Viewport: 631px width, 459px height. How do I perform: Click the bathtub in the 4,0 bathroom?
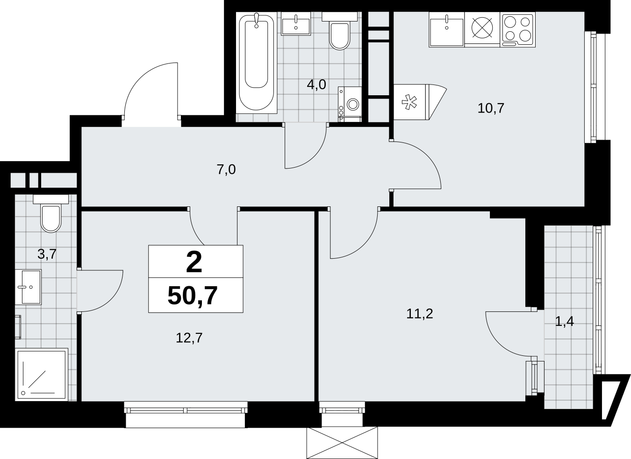[x=256, y=63]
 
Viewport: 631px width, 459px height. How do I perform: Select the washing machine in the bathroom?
[x=350, y=104]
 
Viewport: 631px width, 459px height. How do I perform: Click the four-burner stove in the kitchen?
[x=518, y=29]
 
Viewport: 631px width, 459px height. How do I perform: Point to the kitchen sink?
[x=447, y=29]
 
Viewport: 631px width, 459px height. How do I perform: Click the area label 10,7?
[x=491, y=108]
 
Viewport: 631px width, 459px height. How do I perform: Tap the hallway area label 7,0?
[x=226, y=169]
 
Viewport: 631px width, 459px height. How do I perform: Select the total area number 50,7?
[x=193, y=296]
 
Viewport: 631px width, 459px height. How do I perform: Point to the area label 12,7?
[x=189, y=338]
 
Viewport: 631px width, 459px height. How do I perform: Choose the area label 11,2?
[x=419, y=314]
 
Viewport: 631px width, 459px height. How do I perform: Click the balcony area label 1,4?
[x=564, y=321]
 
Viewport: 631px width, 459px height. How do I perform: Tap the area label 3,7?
[x=47, y=254]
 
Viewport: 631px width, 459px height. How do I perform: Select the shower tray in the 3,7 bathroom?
[x=42, y=374]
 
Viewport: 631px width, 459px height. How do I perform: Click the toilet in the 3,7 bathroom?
[x=50, y=213]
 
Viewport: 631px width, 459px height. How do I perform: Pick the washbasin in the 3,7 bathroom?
[x=28, y=287]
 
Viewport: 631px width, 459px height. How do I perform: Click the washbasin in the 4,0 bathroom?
[x=296, y=24]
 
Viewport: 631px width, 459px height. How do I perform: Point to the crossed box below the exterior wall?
[x=342, y=443]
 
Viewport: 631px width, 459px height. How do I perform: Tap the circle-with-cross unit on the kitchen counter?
[x=482, y=28]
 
